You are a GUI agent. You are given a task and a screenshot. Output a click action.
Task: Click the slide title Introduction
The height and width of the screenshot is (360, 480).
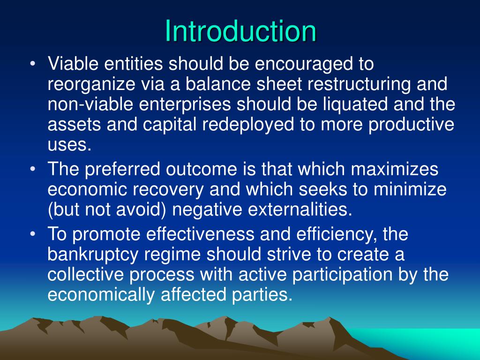coord(240,31)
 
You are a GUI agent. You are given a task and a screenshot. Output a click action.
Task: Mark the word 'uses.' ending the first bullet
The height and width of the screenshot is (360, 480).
coord(69,145)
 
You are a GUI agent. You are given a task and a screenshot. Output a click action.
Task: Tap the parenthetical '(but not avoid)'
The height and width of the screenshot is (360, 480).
coord(106,210)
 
